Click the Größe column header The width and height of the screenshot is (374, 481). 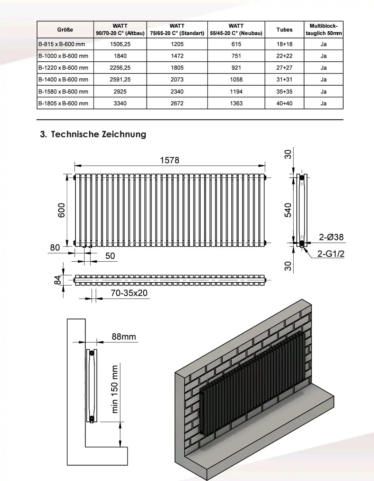(x=65, y=30)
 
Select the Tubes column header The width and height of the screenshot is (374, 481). (x=284, y=30)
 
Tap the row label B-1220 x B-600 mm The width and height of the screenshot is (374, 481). (x=63, y=68)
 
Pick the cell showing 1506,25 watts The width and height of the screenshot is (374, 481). (x=120, y=44)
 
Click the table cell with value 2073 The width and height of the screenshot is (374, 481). (x=177, y=79)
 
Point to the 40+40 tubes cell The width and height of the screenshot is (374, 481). (x=284, y=103)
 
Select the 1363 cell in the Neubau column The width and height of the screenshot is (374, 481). (x=236, y=103)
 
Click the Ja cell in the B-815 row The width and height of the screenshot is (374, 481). (x=323, y=44)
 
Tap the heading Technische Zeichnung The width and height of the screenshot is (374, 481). (x=93, y=134)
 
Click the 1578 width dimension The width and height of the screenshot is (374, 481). (x=170, y=160)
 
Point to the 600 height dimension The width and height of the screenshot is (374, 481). (x=61, y=210)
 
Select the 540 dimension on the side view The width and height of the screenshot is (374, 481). (x=288, y=210)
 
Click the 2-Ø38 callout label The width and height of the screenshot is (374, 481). (x=331, y=237)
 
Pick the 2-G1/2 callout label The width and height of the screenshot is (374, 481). (x=331, y=254)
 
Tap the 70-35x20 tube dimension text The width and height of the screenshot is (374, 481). (x=129, y=293)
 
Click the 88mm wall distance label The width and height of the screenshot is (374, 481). (x=124, y=336)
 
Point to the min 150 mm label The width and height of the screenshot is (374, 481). (x=115, y=389)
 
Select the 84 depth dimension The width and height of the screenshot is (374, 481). (x=59, y=280)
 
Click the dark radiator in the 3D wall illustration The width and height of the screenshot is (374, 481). (x=253, y=385)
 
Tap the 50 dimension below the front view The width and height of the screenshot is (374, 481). (x=110, y=256)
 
